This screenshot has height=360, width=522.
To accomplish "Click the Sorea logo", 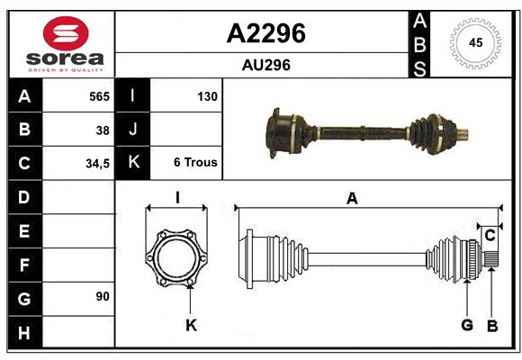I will [x=65, y=44].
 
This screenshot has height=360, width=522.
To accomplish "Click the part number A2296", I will [x=265, y=33].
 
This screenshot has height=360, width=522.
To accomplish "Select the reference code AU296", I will [x=265, y=65].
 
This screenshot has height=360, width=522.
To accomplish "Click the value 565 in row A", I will [x=99, y=96].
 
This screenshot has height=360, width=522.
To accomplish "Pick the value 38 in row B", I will [x=103, y=130].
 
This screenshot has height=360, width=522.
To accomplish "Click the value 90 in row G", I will [x=102, y=296].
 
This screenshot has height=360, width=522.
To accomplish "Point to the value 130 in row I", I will [x=206, y=96].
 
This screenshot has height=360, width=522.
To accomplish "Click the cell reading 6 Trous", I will [x=195, y=164].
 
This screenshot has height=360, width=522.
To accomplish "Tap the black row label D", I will [x=23, y=196].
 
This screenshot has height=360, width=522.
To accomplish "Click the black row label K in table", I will [x=133, y=164].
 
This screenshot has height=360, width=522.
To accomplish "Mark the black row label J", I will [x=133, y=130].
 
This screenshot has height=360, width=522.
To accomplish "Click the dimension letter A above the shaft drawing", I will [x=352, y=199].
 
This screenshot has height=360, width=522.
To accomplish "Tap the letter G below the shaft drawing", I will [x=466, y=325].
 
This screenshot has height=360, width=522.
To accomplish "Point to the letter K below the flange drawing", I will [x=191, y=325].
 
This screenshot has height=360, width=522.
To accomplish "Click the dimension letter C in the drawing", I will [x=490, y=236].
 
